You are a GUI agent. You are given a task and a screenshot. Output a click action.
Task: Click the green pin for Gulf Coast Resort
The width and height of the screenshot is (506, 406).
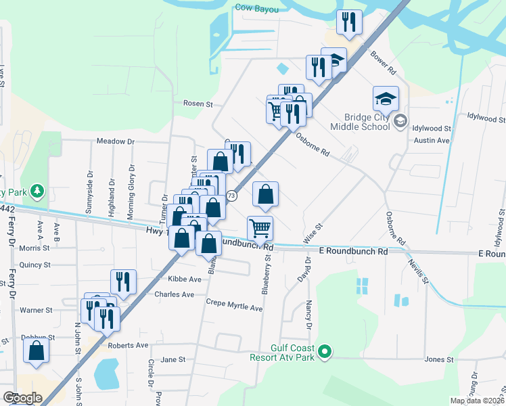click(325, 351)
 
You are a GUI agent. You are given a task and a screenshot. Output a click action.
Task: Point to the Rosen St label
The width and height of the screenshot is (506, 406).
click(198, 104)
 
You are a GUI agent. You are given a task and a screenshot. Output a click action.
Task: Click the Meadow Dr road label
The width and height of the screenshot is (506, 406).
click(116, 141)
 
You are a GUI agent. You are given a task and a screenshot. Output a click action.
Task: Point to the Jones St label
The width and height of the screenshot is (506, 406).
click(439, 359)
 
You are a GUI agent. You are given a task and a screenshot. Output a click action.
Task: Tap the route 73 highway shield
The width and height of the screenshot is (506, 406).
click(232, 196)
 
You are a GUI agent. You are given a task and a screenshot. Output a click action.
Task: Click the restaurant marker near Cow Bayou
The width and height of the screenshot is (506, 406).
click(349, 22)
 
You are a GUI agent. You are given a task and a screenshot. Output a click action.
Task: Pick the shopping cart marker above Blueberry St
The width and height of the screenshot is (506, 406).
click(260, 228)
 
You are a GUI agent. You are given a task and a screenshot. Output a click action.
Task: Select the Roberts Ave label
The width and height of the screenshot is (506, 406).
click(132, 345)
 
